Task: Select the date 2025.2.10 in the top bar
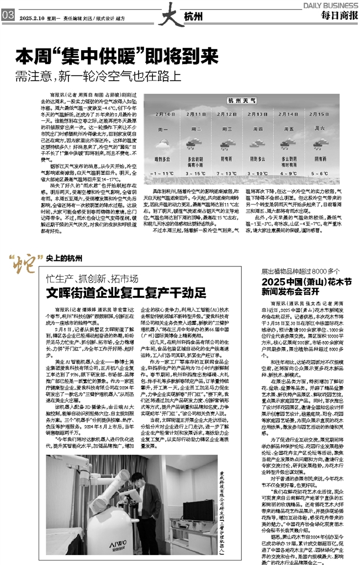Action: (31, 17)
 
